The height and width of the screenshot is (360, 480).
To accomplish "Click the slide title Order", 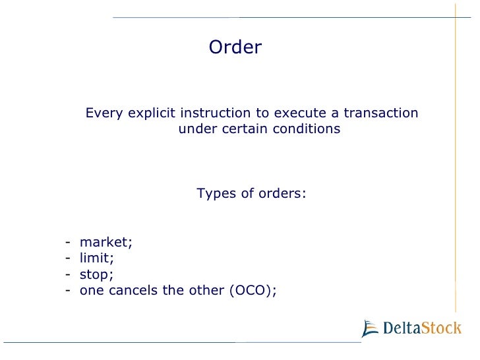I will pos(235,47).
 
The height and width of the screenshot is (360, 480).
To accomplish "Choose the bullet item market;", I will pos(105,242).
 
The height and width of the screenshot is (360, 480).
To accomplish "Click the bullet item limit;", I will pos(97,258).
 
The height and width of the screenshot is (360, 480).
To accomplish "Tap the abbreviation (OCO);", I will pos(253,290).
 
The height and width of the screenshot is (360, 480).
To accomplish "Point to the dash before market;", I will pos(69,242).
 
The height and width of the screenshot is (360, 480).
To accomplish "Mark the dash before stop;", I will pos(69,274).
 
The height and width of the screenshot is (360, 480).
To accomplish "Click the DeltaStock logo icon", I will pos(371,327).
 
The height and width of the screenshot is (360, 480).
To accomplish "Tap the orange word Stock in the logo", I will pos(442,328).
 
